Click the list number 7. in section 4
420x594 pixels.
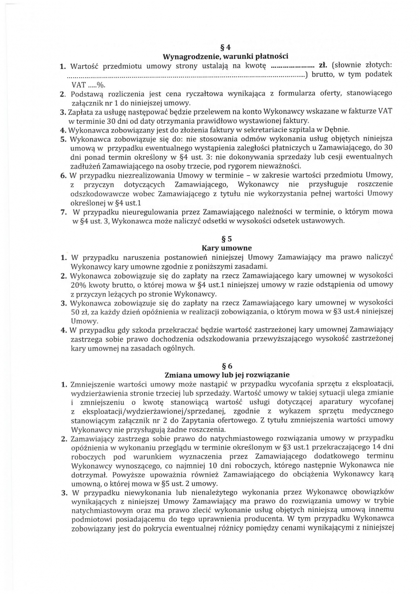tap(63, 212)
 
